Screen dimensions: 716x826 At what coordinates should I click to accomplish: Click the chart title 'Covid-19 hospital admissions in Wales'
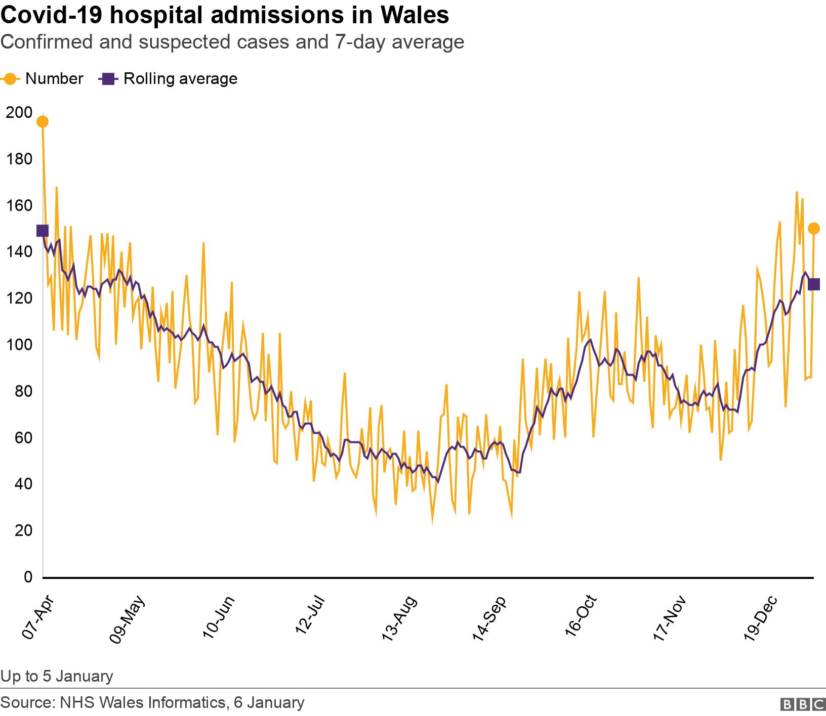(225, 15)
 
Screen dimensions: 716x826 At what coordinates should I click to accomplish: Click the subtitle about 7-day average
(232, 41)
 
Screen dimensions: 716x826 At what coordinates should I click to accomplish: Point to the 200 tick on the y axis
(19, 112)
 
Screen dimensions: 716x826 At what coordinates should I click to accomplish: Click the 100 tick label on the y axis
(19, 345)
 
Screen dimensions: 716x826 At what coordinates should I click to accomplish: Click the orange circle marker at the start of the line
(43, 121)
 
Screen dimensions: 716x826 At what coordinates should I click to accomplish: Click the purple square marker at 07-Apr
(43, 231)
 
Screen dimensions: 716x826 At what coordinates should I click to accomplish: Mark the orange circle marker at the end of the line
(813, 229)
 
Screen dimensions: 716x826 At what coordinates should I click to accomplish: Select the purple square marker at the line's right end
(813, 284)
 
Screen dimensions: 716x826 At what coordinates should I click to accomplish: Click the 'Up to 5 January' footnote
(57, 676)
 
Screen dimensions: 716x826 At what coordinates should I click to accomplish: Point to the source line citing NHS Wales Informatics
(152, 702)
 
